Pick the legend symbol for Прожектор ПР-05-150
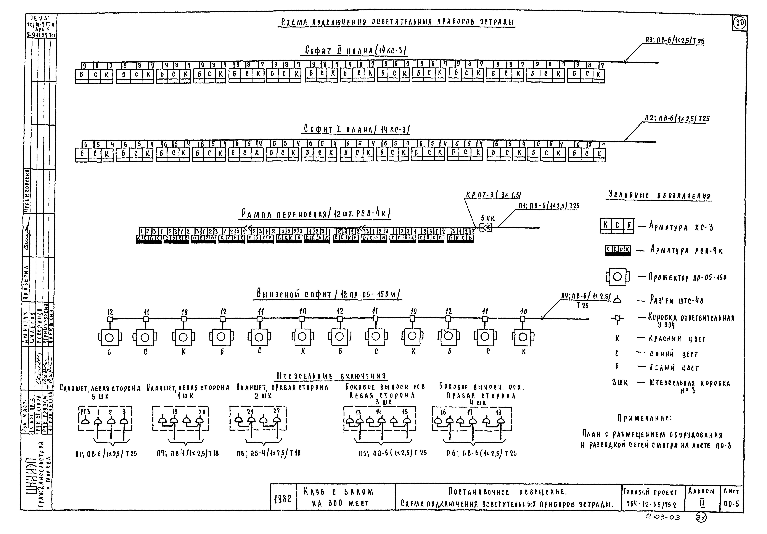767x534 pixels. (x=617, y=277)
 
